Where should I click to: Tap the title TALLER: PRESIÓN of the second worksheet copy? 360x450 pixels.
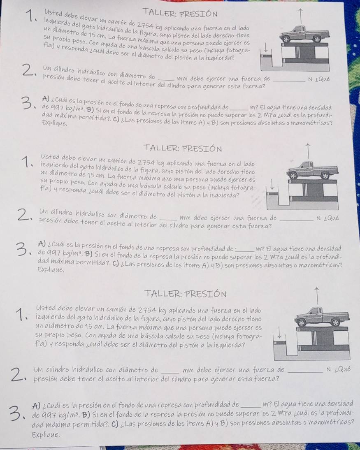(x=183, y=148)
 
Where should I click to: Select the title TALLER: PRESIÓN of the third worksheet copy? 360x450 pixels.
(x=186, y=294)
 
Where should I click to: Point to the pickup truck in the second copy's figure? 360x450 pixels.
(x=313, y=170)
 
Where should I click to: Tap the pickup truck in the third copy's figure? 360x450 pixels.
(x=323, y=317)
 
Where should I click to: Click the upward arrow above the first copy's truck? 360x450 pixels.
(x=300, y=16)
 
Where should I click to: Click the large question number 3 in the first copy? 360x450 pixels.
(x=28, y=104)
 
